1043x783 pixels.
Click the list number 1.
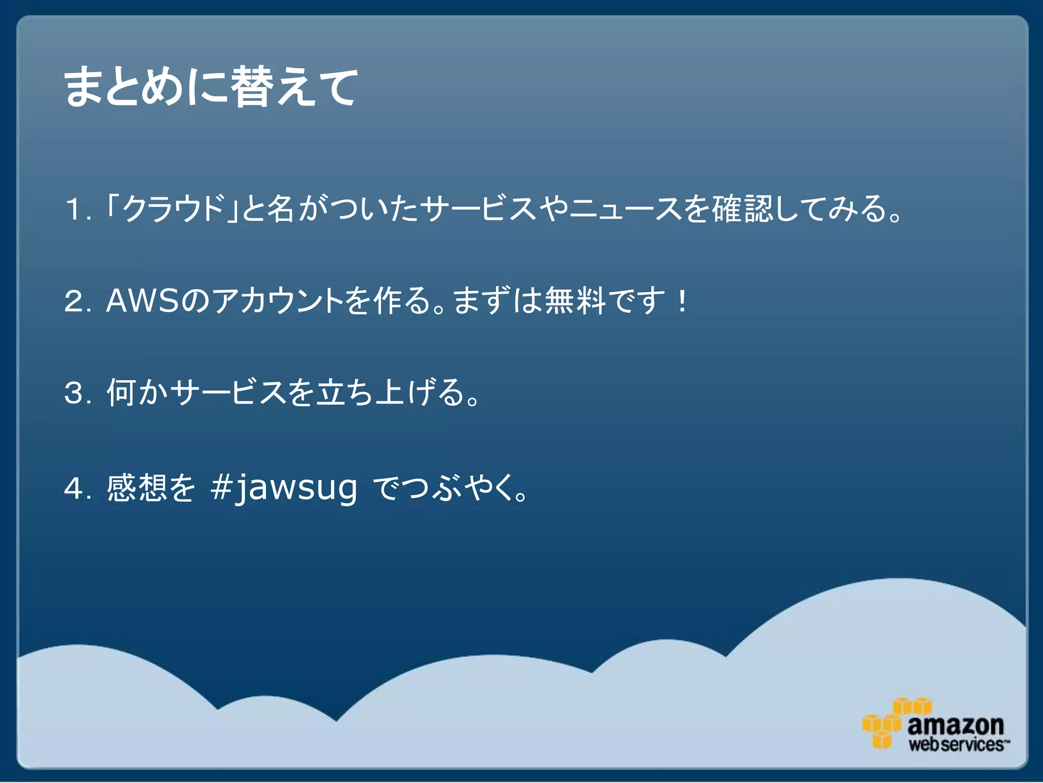coord(74,210)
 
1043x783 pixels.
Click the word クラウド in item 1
coord(174,208)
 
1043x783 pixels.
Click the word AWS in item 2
coord(143,301)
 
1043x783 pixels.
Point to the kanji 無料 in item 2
coord(576,301)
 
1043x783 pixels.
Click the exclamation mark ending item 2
coord(682,301)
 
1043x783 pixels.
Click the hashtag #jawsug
coord(284,488)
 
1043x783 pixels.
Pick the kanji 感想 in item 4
coord(136,488)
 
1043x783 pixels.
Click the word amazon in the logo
coord(955,724)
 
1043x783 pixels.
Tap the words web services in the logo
coord(956,744)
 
